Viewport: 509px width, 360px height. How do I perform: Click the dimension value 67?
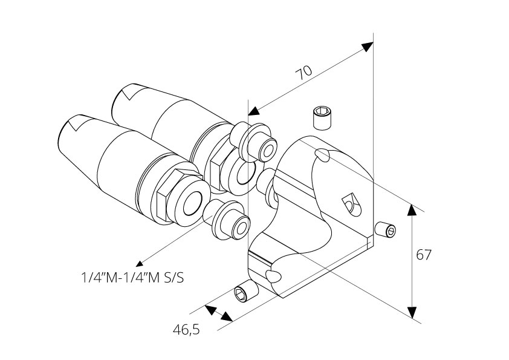(x=424, y=255)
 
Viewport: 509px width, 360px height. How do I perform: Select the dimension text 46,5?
(x=186, y=330)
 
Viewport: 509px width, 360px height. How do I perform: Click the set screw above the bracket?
(x=323, y=116)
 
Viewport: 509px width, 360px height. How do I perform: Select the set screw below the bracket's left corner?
(x=245, y=293)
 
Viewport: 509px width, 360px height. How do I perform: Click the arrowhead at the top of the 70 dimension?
(x=367, y=47)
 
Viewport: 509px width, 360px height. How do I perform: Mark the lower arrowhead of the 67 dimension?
(x=412, y=312)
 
